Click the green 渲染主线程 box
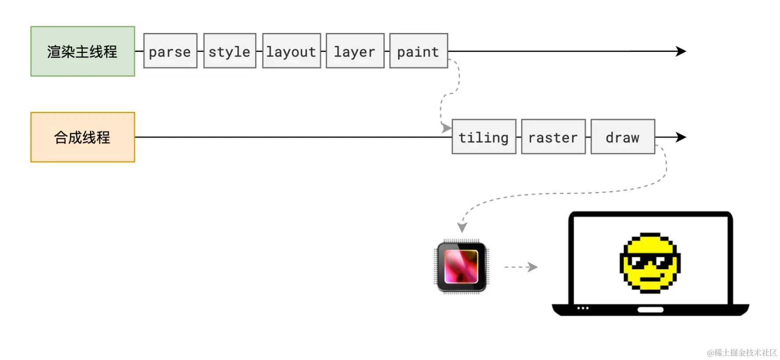[83, 51]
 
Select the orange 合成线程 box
[83, 137]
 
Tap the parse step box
[170, 51]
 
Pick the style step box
[229, 51]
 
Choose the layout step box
[291, 51]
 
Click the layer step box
[355, 51]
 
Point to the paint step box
[418, 51]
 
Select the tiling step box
[484, 137]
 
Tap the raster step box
[553, 137]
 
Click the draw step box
[622, 137]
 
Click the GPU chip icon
[461, 266]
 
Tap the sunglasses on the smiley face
[650, 260]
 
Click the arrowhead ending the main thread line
[681, 51]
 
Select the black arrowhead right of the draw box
[681, 137]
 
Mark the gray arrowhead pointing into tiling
[446, 128]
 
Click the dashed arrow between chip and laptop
[521, 267]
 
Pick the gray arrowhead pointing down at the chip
[462, 227]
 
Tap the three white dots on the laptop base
[583, 308]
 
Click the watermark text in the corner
[742, 353]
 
